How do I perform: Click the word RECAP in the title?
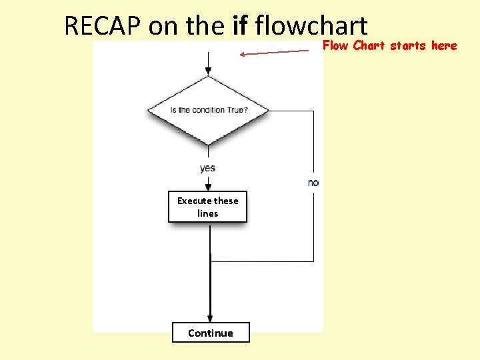[x=103, y=26]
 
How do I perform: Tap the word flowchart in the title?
[x=311, y=26]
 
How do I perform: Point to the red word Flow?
[x=336, y=46]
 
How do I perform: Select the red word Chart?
[x=369, y=46]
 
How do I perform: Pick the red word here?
[x=444, y=46]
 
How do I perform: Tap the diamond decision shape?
[x=208, y=110]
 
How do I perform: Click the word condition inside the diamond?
[x=207, y=110]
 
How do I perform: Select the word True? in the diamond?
[x=236, y=110]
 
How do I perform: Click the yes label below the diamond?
[x=207, y=168]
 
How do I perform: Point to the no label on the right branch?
[x=313, y=183]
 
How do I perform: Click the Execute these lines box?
[x=207, y=207]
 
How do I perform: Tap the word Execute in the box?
[x=194, y=201]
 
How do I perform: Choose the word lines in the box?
[x=207, y=213]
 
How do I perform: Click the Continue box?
[x=211, y=333]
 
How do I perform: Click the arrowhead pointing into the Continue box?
[x=210, y=318]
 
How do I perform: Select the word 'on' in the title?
[x=159, y=26]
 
